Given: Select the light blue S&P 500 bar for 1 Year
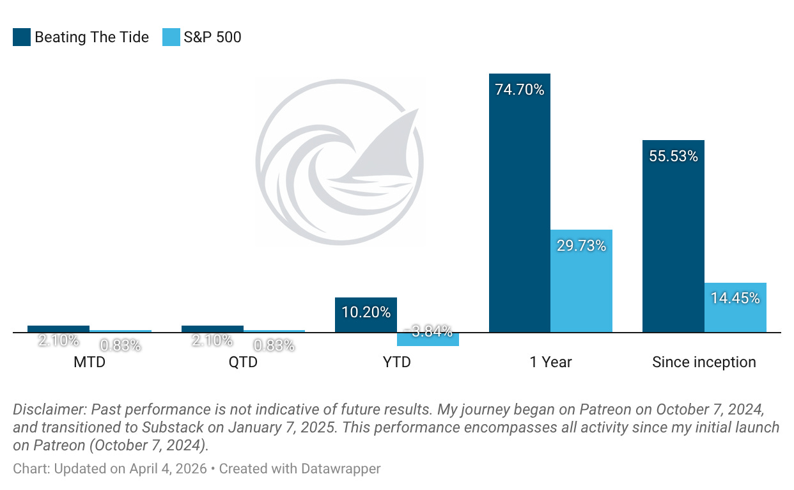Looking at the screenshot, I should [581, 288].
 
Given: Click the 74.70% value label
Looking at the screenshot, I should [519, 90].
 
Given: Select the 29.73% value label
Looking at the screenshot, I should [581, 246].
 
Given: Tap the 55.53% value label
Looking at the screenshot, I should [673, 156].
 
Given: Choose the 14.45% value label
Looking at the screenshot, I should [735, 298].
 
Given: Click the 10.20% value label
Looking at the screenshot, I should [366, 312].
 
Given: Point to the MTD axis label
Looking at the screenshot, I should [90, 362].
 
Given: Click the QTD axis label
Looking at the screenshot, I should [243, 362].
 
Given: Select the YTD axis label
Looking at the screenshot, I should [396, 362].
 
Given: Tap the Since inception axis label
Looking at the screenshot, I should [704, 362].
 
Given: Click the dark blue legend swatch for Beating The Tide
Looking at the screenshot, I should [21, 37].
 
